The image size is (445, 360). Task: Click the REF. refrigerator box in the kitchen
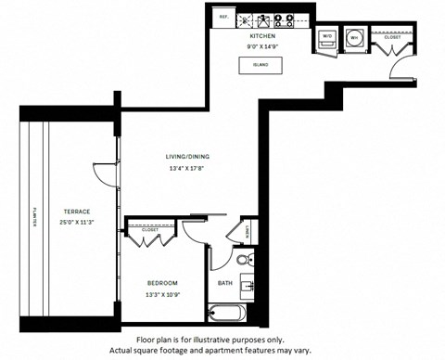[223, 17]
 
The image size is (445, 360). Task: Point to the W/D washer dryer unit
[325, 38]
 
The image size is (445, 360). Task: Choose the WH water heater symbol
[354, 38]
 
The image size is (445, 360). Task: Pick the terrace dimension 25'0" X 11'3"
[63, 223]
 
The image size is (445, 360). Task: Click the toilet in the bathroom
[242, 259]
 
